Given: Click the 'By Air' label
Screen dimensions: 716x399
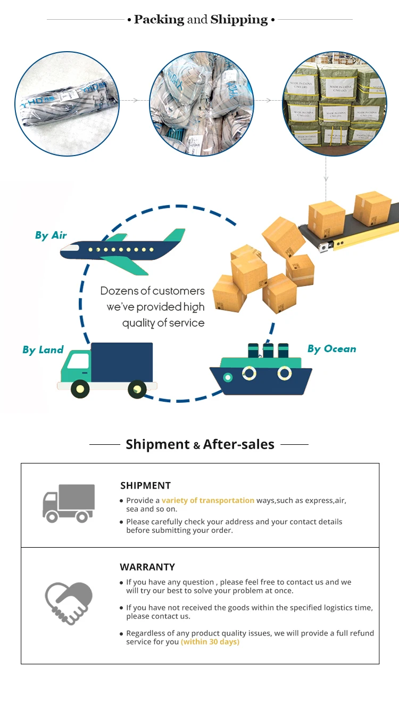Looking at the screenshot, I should pos(51,235).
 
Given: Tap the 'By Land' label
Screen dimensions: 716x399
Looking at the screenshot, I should pos(43,350).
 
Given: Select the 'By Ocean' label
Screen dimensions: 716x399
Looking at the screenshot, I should pos(331,349).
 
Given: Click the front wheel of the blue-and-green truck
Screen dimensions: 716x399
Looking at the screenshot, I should pos(80,389).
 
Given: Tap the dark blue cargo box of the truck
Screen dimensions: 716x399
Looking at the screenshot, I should pos(122,362).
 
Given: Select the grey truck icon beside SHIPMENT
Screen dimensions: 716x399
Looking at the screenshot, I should pos(68,503).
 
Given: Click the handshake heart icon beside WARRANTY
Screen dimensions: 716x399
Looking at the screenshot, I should pos(69,603).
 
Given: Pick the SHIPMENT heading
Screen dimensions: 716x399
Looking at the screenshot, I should pos(145,485).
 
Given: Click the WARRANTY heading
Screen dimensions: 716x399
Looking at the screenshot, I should pos(147,567).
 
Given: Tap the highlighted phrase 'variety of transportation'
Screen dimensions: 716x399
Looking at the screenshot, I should pos(208,500).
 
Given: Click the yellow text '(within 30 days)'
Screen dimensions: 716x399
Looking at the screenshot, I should pos(210,642).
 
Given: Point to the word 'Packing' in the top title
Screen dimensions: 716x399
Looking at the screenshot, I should pos(159,20).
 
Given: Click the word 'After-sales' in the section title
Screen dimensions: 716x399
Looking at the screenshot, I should pos(239,444).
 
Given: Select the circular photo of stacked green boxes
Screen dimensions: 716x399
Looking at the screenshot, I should pos(334,104).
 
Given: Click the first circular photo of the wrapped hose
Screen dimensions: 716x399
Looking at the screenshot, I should pos(66,104).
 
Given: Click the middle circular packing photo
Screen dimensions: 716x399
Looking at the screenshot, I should pos(201,104).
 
